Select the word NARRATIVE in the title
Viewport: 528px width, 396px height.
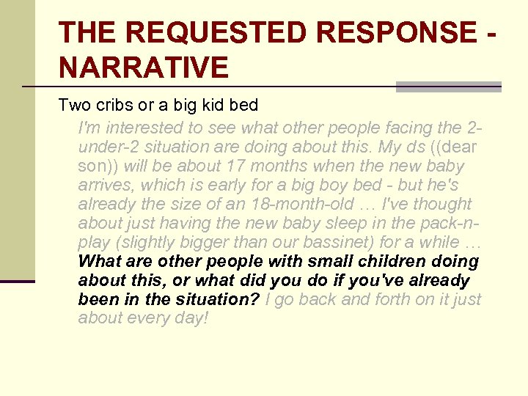pyautogui.click(x=144, y=68)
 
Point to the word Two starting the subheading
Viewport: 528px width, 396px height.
pyautogui.click(x=74, y=106)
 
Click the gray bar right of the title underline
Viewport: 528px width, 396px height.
pyautogui.click(x=448, y=87)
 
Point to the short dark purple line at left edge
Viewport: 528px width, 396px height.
pyautogui.click(x=18, y=281)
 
